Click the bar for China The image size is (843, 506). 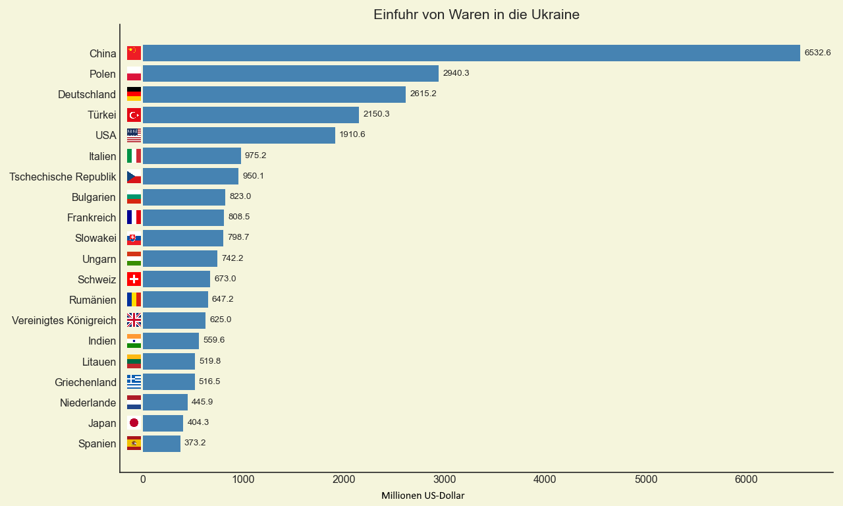(471, 53)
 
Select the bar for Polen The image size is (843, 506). (290, 74)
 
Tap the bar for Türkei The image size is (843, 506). (251, 115)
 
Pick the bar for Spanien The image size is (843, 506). (161, 443)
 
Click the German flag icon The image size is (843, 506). (134, 94)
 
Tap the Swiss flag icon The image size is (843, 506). (134, 279)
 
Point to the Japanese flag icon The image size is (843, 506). (134, 423)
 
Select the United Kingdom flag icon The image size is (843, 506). (134, 320)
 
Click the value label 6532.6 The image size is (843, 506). (817, 53)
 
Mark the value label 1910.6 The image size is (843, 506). (352, 134)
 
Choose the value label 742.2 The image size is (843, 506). (232, 258)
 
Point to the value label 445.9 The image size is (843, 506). (202, 402)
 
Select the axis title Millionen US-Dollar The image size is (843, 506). (423, 495)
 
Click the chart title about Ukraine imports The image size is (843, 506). (476, 14)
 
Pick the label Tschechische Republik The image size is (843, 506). (63, 177)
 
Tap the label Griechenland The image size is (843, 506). (86, 382)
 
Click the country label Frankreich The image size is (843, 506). (92, 217)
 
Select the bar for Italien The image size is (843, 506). (192, 156)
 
